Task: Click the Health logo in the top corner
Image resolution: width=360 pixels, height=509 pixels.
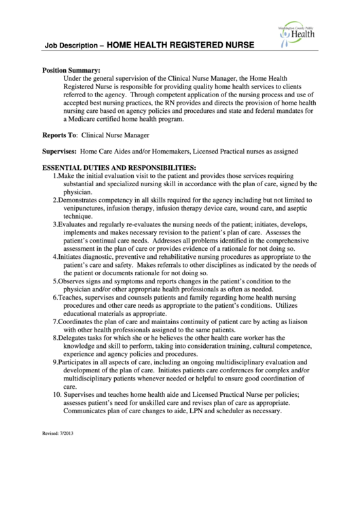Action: (300, 31)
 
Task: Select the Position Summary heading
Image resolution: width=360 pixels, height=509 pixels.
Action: (71, 70)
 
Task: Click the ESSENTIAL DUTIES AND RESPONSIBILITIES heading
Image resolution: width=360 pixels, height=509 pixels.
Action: (119, 166)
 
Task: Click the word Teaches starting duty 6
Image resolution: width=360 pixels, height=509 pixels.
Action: (71, 298)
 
